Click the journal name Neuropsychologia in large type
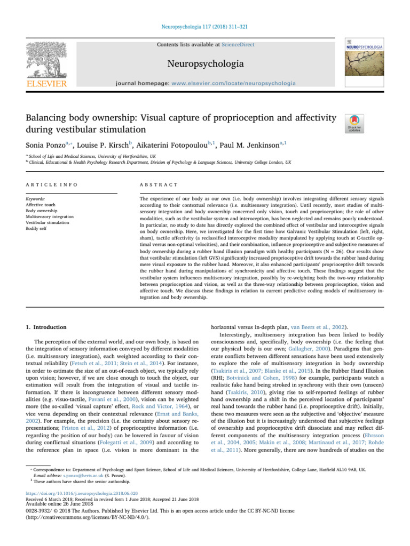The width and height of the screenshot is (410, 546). (x=204, y=65)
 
